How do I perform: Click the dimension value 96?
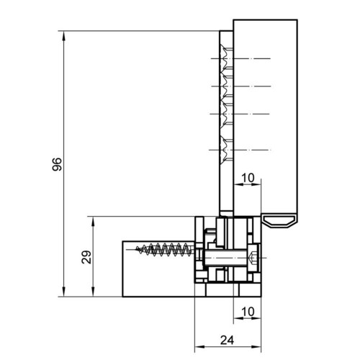tap(57, 164)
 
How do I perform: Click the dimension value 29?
tap(86, 257)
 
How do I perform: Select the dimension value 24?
tap(227, 340)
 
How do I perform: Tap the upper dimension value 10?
tap(248, 178)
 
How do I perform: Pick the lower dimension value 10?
tap(248, 312)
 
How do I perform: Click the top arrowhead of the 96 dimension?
tap(63, 36)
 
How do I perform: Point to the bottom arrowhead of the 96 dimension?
tap(63, 292)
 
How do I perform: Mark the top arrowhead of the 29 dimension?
tap(93, 221)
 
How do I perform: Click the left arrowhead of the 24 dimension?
tap(199, 347)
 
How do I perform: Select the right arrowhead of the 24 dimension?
tap(256, 347)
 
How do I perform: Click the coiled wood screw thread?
tap(164, 250)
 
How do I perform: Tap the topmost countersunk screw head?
tap(226, 58)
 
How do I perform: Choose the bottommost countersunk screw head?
tap(226, 150)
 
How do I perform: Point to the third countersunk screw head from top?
tap(226, 114)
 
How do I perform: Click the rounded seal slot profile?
tap(279, 221)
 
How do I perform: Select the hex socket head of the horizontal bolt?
tap(253, 258)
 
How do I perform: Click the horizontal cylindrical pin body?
tap(225, 258)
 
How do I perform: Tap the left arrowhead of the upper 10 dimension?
tap(238, 184)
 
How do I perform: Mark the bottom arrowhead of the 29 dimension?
tap(93, 292)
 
